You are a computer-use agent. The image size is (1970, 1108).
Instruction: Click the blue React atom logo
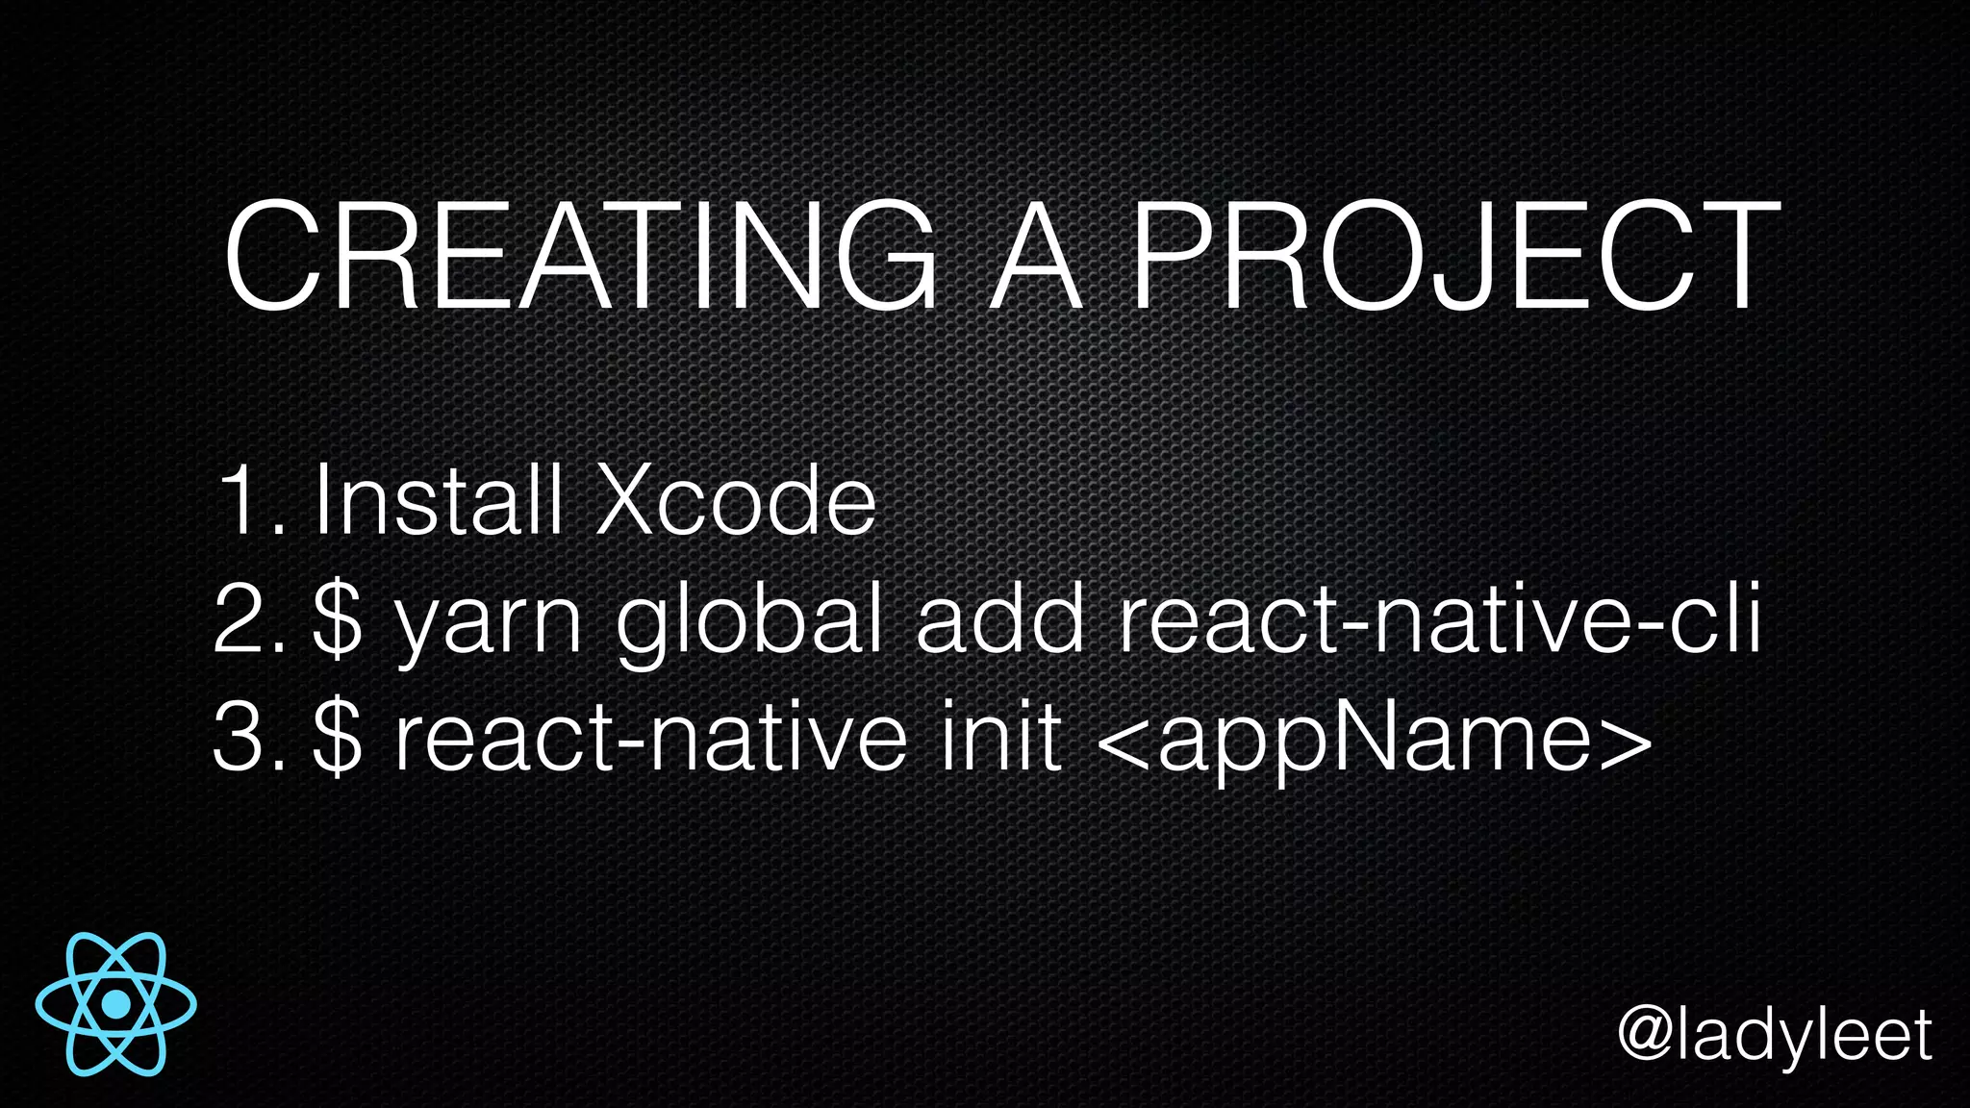pyautogui.click(x=116, y=1004)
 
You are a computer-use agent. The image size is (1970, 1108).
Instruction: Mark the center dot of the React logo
pyautogui.click(x=116, y=1004)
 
